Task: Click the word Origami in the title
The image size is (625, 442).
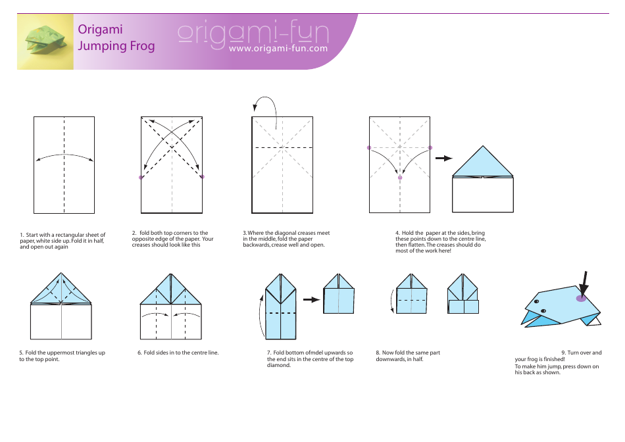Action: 100,29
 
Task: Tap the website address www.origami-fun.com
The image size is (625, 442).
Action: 278,49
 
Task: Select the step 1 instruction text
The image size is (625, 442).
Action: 63,241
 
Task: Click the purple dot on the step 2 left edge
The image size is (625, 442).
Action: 141,177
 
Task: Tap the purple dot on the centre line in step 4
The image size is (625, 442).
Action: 400,177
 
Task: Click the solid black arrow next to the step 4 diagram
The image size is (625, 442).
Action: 445,158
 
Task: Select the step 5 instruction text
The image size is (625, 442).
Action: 63,356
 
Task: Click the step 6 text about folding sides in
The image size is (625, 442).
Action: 178,353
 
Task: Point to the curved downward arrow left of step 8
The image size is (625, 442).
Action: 393,302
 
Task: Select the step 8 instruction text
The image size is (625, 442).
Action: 408,356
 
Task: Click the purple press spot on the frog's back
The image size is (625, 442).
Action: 581,299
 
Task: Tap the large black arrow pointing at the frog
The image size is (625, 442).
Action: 584,283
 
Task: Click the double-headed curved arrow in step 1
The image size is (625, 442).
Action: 64,157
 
